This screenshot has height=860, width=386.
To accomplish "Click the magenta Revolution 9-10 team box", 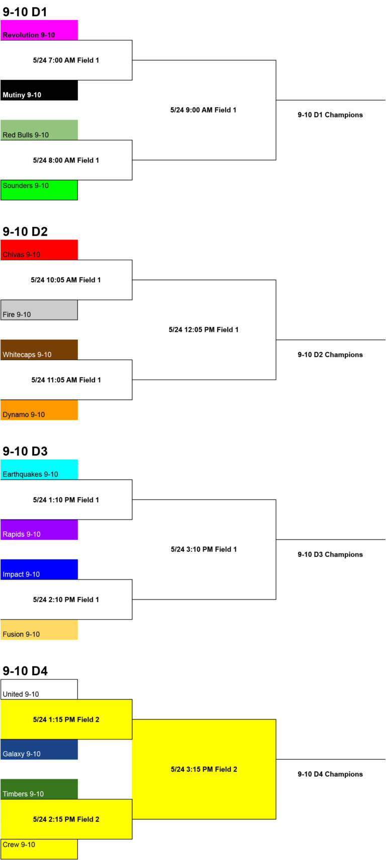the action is coord(39,30).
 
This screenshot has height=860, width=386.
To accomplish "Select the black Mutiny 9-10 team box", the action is coord(39,90).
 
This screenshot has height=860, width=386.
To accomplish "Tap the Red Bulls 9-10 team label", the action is coord(26,135).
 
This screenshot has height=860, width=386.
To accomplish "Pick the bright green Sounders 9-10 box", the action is coord(39,190).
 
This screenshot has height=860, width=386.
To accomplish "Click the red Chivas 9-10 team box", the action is coord(39,250).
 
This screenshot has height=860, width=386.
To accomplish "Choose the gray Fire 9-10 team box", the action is coord(39,310).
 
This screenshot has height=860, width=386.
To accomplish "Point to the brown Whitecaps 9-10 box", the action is coord(39,350).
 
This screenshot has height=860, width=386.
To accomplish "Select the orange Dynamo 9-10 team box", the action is coord(39,409).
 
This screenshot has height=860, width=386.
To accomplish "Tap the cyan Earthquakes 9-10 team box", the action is coord(39,470).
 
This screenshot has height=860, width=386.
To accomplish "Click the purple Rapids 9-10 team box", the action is coord(39,530).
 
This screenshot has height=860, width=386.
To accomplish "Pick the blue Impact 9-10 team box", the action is coord(39,569).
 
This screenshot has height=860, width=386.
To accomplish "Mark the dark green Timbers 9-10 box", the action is coord(39,789).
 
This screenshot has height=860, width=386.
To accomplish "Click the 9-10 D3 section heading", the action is coord(25,451).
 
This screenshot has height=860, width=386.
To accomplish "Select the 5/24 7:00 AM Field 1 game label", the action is coord(66,60).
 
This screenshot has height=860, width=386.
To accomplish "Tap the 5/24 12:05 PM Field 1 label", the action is coord(204,330).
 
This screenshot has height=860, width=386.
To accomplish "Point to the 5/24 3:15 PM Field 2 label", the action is coord(204,769).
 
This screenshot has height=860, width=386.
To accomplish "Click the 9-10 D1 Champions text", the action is coord(330,115).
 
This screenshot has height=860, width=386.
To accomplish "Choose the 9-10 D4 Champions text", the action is coord(330,774).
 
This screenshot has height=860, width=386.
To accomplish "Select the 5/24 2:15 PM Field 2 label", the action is coord(66,819).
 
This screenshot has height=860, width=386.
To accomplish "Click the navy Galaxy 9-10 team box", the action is coord(39,750).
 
